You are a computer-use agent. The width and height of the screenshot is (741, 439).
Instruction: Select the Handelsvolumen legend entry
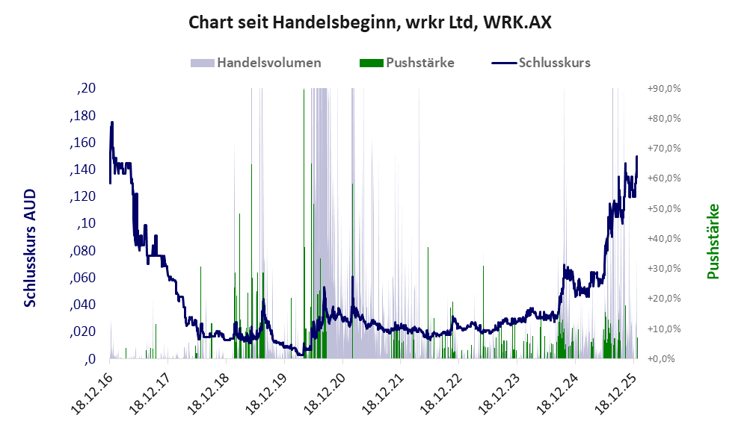(x=268, y=63)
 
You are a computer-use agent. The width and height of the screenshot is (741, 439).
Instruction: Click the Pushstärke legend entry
(x=419, y=63)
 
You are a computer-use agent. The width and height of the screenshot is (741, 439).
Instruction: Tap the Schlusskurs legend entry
(x=553, y=63)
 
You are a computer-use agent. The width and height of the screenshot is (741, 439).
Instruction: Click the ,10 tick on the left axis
(x=87, y=224)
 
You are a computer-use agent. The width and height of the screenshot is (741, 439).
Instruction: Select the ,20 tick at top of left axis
(x=87, y=89)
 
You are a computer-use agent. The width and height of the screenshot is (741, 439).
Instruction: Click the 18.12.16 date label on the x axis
(x=93, y=389)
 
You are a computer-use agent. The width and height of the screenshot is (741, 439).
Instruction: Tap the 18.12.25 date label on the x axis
(x=615, y=389)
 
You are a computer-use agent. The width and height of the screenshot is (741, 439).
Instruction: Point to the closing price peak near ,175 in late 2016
(x=112, y=122)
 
